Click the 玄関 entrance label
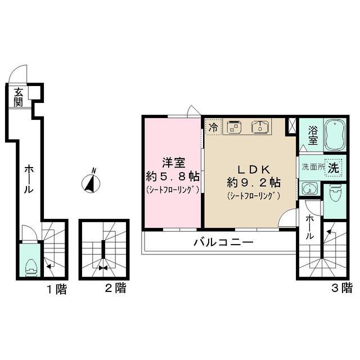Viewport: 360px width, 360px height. point(18,97)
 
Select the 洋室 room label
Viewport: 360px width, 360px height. point(174,163)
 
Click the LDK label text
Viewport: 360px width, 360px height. point(254,169)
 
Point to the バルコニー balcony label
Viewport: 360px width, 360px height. point(223,242)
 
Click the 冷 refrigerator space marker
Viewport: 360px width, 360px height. point(214,128)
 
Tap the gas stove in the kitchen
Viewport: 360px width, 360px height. point(234,127)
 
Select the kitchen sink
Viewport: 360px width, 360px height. point(261,127)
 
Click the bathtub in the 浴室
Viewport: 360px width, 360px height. point(335,135)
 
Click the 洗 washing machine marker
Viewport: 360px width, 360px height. point(334,168)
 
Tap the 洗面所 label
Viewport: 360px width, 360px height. point(313,167)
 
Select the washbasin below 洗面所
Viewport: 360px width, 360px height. point(309,188)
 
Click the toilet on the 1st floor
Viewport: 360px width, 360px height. point(31,268)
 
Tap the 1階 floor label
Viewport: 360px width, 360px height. point(57,289)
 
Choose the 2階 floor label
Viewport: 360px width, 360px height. point(116,288)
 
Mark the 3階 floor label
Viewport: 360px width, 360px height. point(342,288)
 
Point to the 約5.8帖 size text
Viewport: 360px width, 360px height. point(173,177)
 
